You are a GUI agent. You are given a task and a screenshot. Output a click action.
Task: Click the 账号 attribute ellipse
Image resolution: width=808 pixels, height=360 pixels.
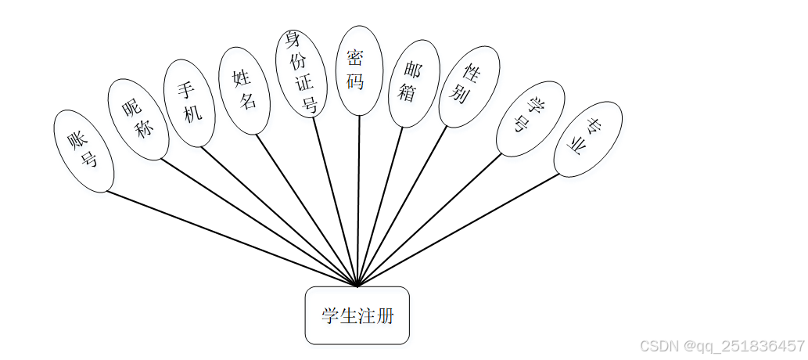click(x=84, y=151)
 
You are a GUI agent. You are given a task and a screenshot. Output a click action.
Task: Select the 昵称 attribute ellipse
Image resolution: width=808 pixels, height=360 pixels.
click(x=138, y=119)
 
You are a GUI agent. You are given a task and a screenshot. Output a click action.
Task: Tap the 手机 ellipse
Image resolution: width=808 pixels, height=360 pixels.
click(x=189, y=103)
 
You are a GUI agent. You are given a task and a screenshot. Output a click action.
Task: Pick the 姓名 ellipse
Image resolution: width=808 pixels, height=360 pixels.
click(x=244, y=90)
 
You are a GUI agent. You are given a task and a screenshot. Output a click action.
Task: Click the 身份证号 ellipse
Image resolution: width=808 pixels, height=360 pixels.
click(x=300, y=73)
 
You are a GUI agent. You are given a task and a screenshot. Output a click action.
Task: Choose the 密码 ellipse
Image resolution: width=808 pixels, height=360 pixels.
click(x=358, y=70)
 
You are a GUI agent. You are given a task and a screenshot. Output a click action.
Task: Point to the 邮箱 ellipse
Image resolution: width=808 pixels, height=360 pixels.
click(x=414, y=83)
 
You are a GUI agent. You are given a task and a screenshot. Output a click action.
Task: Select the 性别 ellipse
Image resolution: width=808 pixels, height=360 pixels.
click(x=469, y=85)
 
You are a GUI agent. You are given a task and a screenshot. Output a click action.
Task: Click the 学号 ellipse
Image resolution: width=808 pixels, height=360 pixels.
click(x=530, y=118)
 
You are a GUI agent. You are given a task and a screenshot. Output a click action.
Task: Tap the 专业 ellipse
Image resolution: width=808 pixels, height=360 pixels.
click(x=587, y=139)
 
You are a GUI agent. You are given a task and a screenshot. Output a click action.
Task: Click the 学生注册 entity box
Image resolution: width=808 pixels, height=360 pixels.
click(x=357, y=315)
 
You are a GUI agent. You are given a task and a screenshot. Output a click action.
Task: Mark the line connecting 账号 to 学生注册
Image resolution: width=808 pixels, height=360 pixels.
click(x=232, y=239)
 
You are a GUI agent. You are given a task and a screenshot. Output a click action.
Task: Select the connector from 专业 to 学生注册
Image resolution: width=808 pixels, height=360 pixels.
click(x=458, y=230)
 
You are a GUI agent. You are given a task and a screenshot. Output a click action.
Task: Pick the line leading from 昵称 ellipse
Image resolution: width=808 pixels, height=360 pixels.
click(x=259, y=223)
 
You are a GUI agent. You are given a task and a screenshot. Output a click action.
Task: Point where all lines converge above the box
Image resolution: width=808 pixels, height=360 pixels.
click(x=357, y=286)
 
